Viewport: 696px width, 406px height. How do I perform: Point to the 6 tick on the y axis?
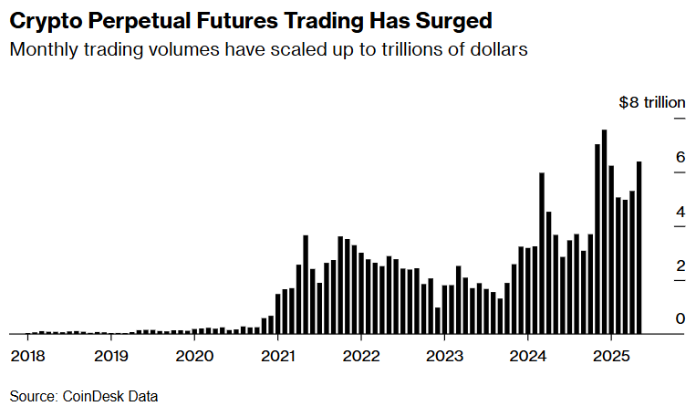[680, 157]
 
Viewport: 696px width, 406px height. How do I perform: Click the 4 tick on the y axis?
[680, 212]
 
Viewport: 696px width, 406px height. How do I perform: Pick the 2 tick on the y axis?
[680, 265]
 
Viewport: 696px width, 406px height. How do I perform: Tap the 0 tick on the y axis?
[680, 318]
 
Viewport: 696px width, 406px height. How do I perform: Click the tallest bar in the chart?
[604, 233]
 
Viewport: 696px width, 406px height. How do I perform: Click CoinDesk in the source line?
[94, 396]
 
